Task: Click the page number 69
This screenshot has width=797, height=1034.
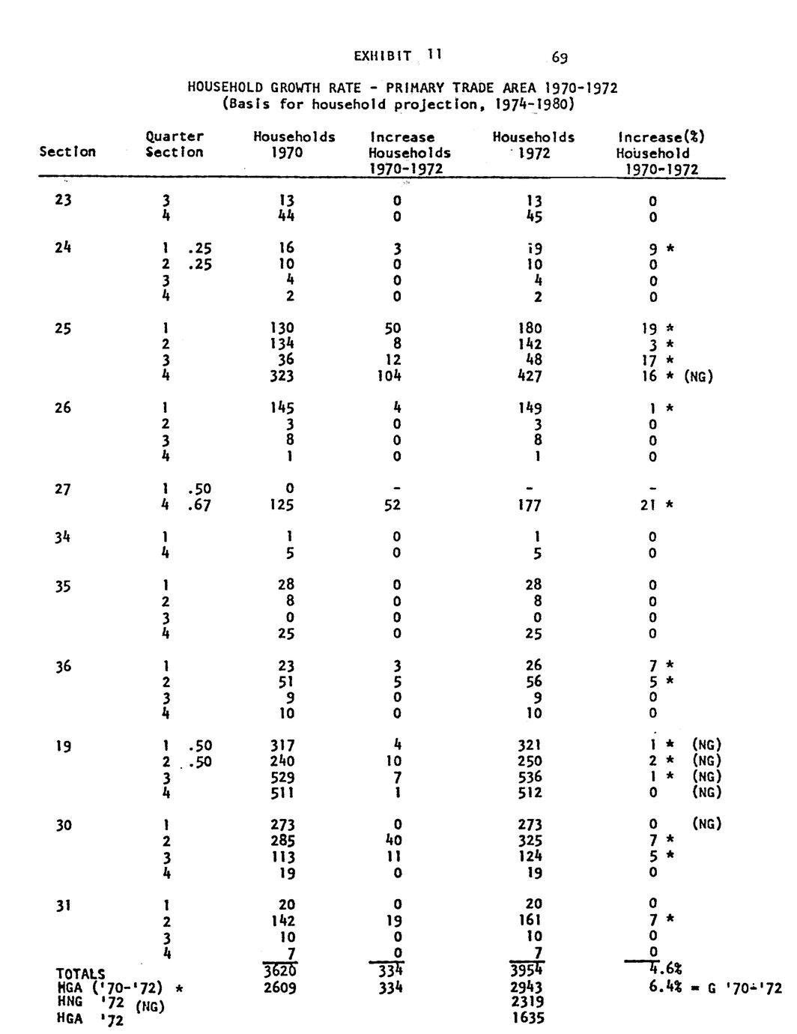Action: [x=559, y=56]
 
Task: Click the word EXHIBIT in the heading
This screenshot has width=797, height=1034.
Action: [x=382, y=55]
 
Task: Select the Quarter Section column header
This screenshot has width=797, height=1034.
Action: [x=175, y=145]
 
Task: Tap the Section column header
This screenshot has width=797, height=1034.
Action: [x=67, y=152]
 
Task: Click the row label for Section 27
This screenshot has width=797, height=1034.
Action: [x=63, y=489]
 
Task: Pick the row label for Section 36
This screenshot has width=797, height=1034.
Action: [x=63, y=666]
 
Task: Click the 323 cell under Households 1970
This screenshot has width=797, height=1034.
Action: [x=283, y=376]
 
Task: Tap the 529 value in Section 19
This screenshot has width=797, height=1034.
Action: [x=282, y=777]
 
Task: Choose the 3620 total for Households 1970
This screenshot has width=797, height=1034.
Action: [x=282, y=973]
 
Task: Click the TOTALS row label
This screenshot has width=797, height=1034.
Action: [x=81, y=974]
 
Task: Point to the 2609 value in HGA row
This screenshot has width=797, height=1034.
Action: [x=280, y=988]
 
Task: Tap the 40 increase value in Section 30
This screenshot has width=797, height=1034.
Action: [x=396, y=841]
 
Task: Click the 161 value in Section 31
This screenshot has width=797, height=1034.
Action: [x=530, y=920]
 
